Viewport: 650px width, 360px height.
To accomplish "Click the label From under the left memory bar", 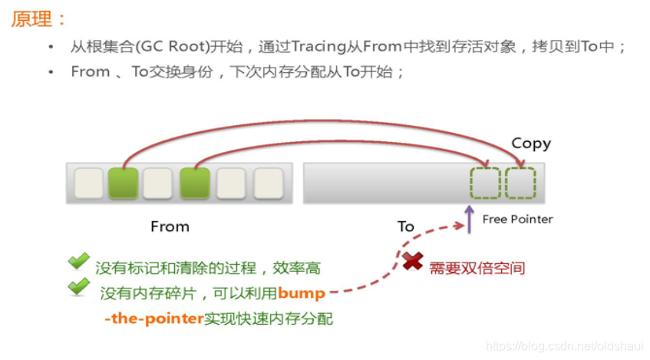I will [x=170, y=226].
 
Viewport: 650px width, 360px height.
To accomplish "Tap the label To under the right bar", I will [x=405, y=226].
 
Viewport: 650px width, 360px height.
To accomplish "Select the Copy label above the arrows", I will [x=531, y=143].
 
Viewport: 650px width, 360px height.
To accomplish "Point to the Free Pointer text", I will [x=517, y=219].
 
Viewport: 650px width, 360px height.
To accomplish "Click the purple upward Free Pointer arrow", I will [x=469, y=217].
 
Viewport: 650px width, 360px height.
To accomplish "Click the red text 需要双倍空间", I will [x=477, y=268].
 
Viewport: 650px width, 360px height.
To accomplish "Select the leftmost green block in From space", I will [x=124, y=183].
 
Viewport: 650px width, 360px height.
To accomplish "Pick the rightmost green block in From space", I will [x=195, y=183].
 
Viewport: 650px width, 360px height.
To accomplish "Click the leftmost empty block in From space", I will [x=88, y=183].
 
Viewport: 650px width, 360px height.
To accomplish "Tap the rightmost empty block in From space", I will [x=269, y=183].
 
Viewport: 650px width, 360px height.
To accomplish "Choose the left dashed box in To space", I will [x=485, y=183].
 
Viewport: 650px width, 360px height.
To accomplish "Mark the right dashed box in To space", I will [x=520, y=183].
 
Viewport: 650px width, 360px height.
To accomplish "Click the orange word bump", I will [x=302, y=293].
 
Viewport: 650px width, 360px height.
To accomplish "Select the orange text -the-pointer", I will [x=153, y=318].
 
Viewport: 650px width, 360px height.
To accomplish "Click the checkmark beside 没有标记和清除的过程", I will [x=78, y=263].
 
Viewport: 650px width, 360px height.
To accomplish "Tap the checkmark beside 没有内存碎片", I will [x=78, y=287].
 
